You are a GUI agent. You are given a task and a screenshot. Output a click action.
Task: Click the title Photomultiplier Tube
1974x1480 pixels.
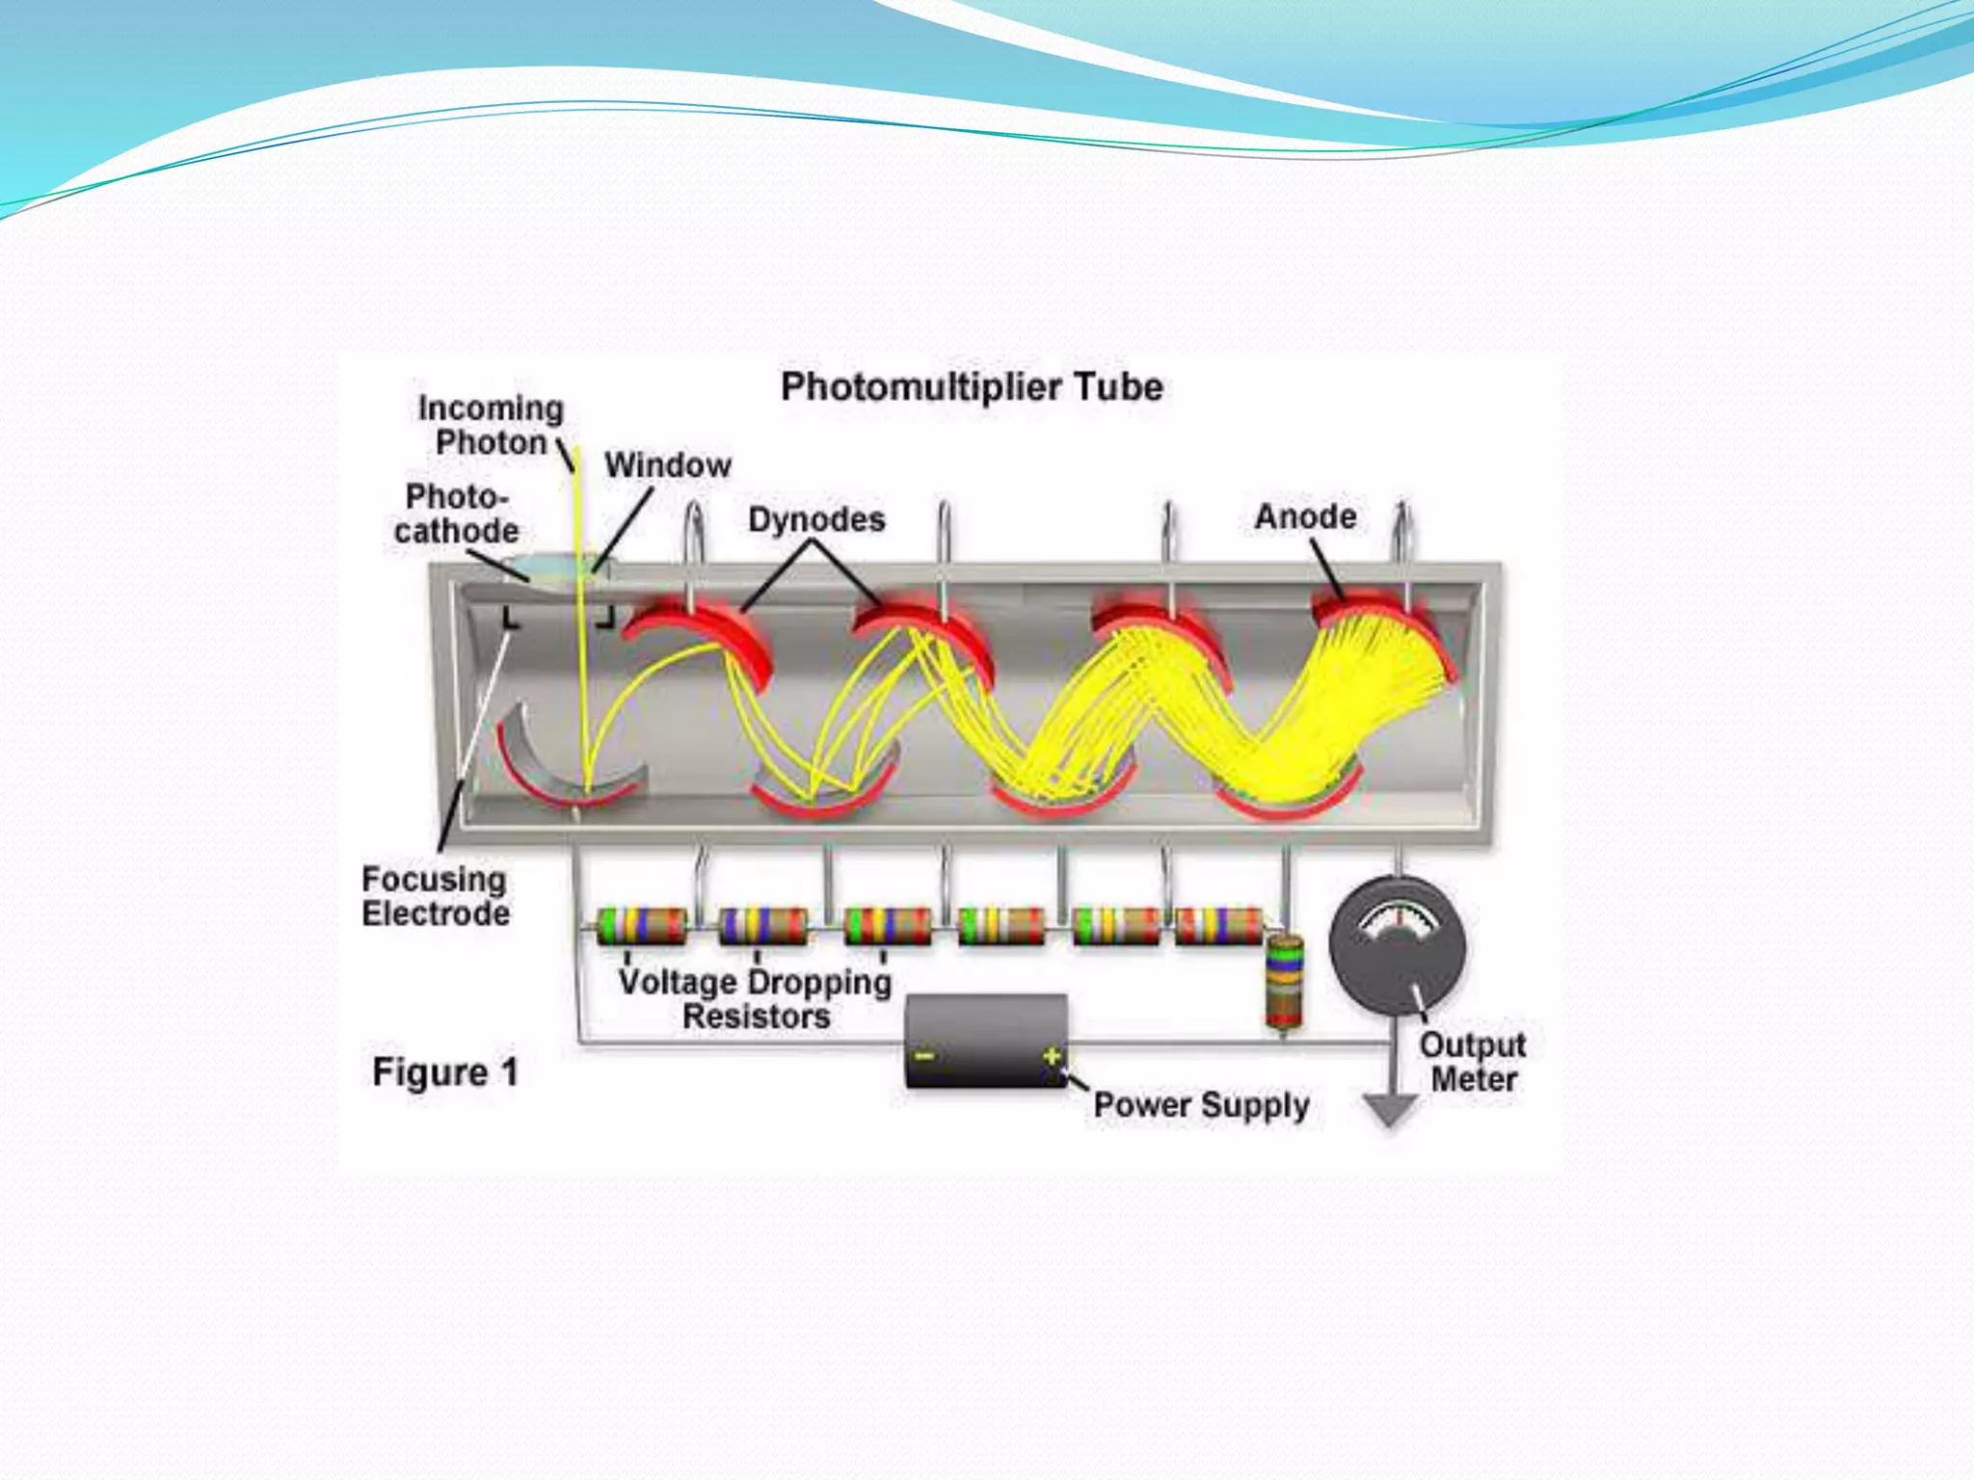click(972, 387)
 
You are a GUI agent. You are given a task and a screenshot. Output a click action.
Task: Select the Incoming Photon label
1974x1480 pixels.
click(491, 425)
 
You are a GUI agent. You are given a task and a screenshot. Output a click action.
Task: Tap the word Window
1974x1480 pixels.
click(668, 465)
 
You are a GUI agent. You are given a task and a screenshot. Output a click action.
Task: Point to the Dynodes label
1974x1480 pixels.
click(816, 519)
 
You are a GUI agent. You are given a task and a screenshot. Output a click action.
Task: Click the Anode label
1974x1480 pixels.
click(1305, 516)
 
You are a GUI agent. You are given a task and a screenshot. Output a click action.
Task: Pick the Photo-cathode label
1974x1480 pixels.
click(456, 514)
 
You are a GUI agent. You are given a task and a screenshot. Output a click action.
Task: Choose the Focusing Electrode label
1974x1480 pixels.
click(435, 896)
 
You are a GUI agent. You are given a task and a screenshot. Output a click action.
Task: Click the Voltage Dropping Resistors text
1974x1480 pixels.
click(756, 999)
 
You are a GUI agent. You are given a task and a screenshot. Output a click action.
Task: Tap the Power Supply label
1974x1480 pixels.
click(1201, 1105)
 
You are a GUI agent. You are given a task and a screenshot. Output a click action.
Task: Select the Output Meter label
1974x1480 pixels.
click(1473, 1062)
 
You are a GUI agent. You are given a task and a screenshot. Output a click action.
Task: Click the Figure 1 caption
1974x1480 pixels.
click(445, 1072)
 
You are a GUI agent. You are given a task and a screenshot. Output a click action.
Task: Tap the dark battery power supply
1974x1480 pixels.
click(986, 1043)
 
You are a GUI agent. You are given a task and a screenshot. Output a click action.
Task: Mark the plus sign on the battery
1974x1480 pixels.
click(1051, 1056)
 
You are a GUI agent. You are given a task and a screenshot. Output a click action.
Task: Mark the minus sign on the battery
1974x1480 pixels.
click(923, 1056)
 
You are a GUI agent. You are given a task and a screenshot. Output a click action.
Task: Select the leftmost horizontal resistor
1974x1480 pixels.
click(641, 926)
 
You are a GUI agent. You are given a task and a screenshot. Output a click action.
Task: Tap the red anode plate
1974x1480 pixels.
click(1388, 626)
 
